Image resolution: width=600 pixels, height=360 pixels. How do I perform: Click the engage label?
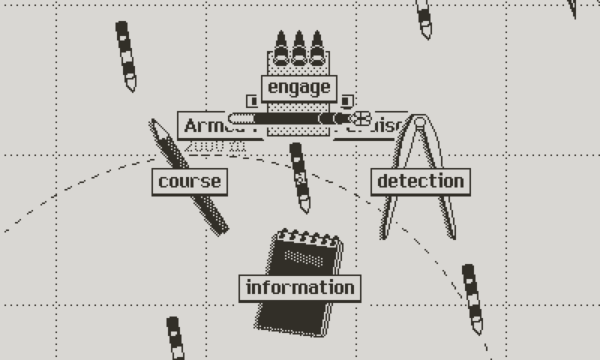(x=298, y=88)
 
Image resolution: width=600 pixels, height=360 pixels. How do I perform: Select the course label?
(x=190, y=181)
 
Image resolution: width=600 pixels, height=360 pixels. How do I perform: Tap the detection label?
(x=420, y=181)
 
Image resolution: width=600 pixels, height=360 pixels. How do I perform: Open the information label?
(x=300, y=288)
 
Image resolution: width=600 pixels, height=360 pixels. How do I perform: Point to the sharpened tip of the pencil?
(x=153, y=122)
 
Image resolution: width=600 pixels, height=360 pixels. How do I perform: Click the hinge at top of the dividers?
(x=420, y=121)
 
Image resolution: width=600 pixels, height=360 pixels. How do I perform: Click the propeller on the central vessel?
(x=362, y=118)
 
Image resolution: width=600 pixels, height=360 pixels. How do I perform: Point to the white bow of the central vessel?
(x=238, y=118)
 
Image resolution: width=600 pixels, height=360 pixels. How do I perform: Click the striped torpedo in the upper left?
(x=126, y=56)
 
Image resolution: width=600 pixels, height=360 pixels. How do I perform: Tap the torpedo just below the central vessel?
(x=300, y=178)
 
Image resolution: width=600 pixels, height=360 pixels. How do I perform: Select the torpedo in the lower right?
(x=472, y=298)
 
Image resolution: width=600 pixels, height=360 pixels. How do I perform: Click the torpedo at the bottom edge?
(x=174, y=339)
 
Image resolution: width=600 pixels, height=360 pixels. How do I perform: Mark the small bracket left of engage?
(x=251, y=100)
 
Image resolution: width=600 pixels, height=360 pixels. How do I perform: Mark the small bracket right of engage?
(x=346, y=100)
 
